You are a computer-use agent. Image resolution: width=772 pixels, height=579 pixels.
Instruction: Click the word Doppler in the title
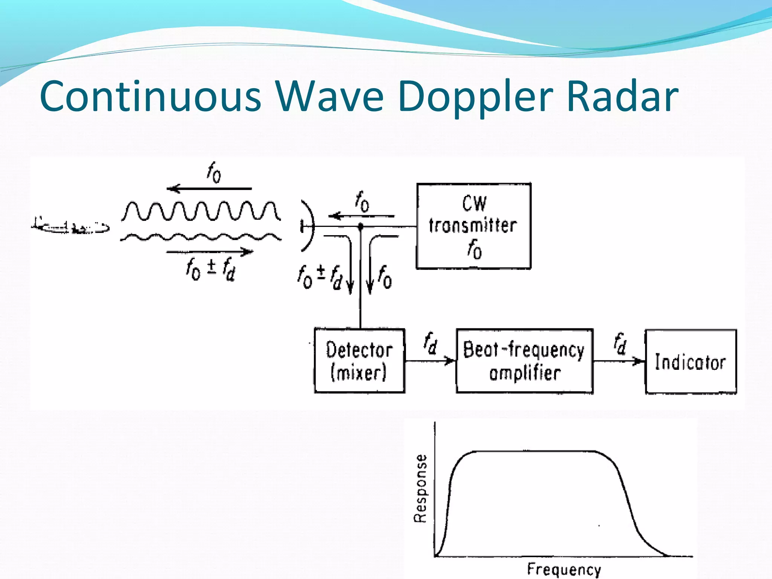(475, 97)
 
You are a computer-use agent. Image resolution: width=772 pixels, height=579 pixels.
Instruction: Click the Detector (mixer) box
(359, 361)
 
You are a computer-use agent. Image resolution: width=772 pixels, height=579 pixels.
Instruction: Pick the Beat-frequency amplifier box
(524, 361)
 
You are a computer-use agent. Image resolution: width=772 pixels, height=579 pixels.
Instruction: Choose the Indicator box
(690, 361)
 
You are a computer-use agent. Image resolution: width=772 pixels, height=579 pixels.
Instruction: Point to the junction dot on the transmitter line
(360, 227)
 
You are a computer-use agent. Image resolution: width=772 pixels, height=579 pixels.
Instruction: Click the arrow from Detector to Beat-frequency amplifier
(430, 361)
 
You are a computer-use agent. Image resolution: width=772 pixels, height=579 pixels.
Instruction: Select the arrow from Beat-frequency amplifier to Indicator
(619, 361)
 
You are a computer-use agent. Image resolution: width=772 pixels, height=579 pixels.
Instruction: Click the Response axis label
(420, 488)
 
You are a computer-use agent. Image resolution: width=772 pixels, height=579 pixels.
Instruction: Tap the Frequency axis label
(564, 569)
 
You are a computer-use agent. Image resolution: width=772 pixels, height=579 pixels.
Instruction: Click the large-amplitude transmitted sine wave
(201, 211)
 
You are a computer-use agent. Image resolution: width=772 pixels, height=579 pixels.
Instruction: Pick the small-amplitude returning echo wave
(201, 237)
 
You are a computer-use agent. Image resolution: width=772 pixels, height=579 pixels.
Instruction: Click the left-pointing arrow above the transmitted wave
(209, 188)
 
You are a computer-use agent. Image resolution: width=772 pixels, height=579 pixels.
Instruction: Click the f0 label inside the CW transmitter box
(474, 250)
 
